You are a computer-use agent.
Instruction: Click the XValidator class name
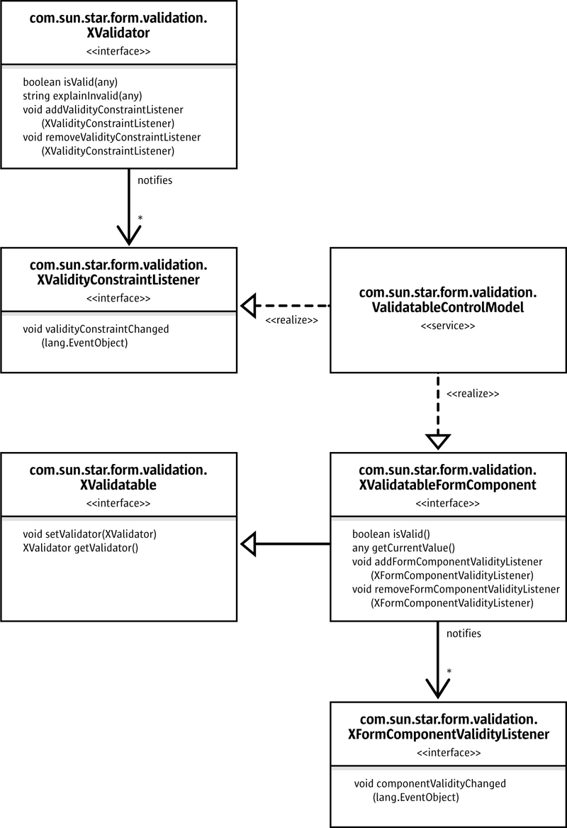coord(118,33)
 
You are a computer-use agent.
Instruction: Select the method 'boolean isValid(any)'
coord(70,82)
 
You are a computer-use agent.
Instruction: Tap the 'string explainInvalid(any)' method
coord(82,96)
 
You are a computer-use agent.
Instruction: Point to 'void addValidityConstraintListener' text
coord(103,109)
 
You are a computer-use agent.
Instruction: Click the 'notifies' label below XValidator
coord(155,180)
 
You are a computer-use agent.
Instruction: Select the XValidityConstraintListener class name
coord(118,280)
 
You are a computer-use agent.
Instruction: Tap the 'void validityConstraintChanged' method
coord(96,329)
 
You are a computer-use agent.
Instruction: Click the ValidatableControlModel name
coord(448,307)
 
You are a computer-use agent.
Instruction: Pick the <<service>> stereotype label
coord(448,326)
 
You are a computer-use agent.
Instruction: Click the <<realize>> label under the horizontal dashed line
coord(292,320)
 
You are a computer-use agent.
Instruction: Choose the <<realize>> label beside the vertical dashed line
coord(473,393)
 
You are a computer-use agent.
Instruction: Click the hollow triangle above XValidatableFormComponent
coord(438,441)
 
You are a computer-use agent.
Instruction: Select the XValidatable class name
coord(118,485)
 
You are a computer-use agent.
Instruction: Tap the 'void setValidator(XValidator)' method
coord(90,534)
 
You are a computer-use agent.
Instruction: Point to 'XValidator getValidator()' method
coord(81,548)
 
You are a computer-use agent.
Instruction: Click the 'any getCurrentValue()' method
coord(403,548)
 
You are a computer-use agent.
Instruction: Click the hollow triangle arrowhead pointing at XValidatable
coord(249,544)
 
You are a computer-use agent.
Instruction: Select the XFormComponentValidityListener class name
coord(449,734)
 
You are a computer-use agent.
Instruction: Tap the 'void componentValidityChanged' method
coord(430,783)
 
